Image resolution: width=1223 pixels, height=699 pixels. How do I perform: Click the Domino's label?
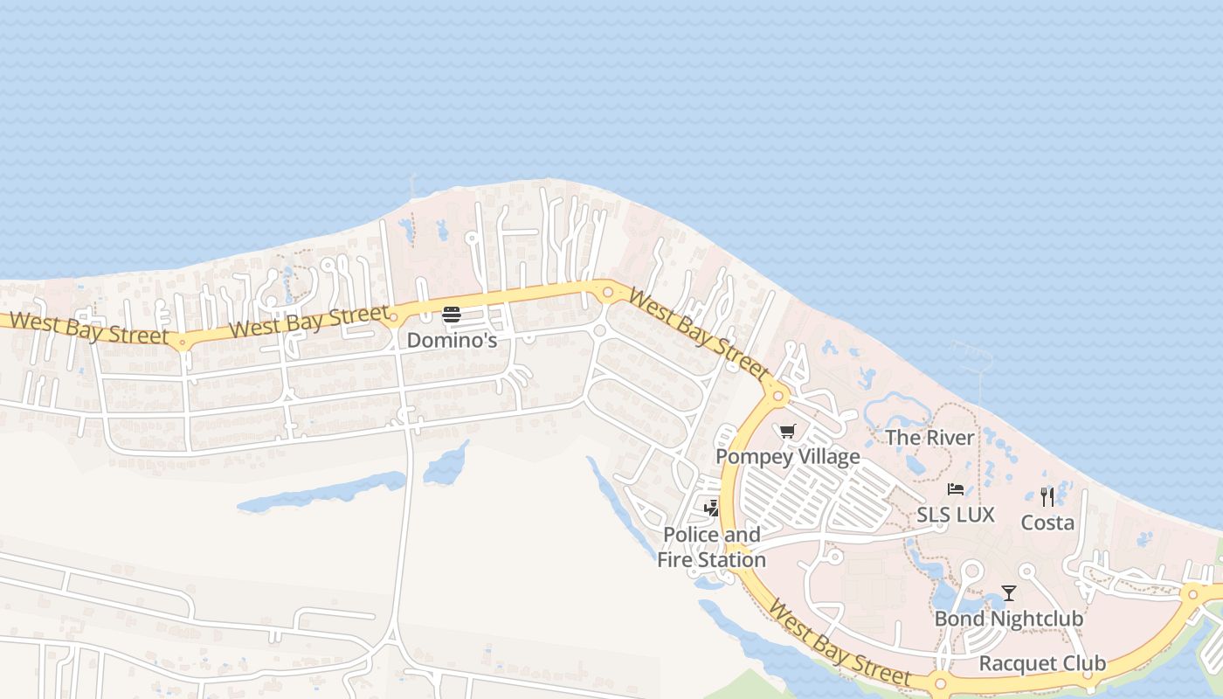tap(452, 340)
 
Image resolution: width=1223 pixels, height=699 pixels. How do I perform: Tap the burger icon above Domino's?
tap(451, 315)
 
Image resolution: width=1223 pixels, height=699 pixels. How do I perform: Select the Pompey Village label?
tap(787, 456)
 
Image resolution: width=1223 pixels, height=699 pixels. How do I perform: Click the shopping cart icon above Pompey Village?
tap(787, 431)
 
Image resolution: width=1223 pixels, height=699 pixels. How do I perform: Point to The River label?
tap(929, 438)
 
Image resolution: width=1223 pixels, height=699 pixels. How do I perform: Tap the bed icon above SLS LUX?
tap(956, 489)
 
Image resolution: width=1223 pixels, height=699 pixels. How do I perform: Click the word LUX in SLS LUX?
tap(975, 515)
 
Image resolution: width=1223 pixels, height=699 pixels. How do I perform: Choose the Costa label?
tap(1047, 523)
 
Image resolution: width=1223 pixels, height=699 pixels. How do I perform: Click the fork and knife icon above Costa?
tap(1047, 497)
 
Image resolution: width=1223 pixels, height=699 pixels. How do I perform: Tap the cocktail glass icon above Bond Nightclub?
tap(1009, 593)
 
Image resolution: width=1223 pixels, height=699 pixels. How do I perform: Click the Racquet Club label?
tap(1042, 663)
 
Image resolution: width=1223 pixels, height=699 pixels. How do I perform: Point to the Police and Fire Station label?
tap(711, 547)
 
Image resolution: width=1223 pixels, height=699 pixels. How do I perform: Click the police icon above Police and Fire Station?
tap(712, 508)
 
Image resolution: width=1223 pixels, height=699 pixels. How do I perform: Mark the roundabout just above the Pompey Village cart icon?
tap(777, 395)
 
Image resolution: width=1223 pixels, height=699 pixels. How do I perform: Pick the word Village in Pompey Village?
tap(826, 456)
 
